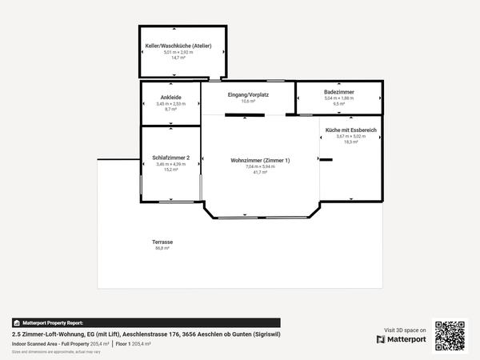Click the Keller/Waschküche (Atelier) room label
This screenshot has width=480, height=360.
coord(178,46)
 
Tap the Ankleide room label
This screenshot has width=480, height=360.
coord(170,98)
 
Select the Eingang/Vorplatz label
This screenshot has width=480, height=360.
coord(248,95)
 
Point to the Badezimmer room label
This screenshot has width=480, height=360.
coord(339,93)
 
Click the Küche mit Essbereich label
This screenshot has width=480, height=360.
coord(351,130)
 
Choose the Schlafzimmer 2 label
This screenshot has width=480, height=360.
coord(170,158)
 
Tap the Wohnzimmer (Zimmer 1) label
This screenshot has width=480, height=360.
coord(260,161)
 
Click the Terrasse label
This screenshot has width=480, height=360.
coord(162,242)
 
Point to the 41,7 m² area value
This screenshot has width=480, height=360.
coord(260,172)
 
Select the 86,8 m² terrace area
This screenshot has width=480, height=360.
coord(162,248)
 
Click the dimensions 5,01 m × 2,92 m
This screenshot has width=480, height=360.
coord(178,52)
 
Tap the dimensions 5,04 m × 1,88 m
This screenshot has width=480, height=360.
coord(339,98)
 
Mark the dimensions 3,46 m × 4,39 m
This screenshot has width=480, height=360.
coord(170,164)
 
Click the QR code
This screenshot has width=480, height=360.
coord(449,335)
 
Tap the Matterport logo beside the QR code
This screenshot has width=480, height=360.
coord(402,339)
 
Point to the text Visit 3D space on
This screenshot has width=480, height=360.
coord(406,330)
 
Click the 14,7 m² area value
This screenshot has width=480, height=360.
coord(178,58)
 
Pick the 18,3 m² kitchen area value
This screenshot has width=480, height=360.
coord(351,142)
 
